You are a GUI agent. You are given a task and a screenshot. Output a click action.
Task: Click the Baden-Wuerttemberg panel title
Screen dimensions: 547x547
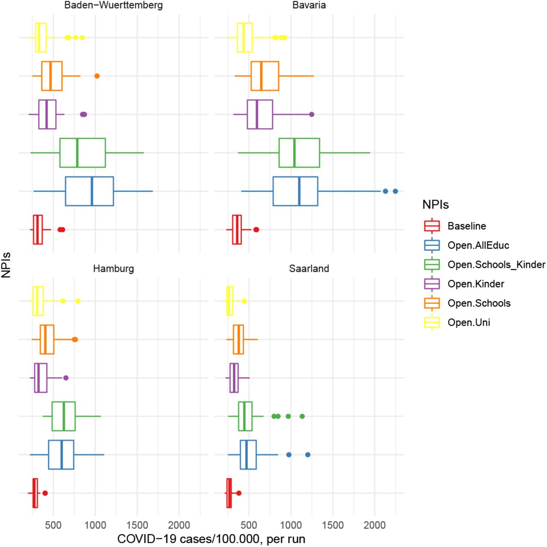click(x=114, y=5)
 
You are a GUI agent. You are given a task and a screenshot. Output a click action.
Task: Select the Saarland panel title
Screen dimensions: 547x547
click(x=309, y=268)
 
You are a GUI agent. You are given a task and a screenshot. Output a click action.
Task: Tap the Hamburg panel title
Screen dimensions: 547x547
click(x=114, y=268)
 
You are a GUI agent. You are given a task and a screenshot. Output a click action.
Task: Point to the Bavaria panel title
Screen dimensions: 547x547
click(x=309, y=5)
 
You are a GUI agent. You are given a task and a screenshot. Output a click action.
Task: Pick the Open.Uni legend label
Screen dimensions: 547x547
click(x=469, y=323)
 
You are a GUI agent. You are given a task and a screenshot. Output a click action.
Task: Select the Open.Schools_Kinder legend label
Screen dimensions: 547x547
click(x=496, y=265)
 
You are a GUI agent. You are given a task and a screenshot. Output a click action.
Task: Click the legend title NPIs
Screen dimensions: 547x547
click(x=435, y=205)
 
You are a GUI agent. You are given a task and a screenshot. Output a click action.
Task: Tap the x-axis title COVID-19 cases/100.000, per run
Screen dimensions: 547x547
click(x=211, y=539)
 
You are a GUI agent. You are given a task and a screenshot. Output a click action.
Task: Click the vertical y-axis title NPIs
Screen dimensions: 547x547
click(x=6, y=265)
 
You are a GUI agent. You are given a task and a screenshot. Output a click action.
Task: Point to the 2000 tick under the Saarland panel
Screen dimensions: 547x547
click(x=374, y=525)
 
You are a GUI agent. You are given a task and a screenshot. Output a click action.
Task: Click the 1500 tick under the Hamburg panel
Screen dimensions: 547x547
click(x=137, y=525)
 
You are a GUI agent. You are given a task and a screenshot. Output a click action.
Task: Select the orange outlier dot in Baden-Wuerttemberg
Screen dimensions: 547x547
click(x=97, y=76)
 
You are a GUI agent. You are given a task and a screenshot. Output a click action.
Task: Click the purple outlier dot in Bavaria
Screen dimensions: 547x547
click(x=312, y=115)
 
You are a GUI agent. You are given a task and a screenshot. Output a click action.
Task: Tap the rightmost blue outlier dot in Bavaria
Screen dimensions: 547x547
click(x=395, y=191)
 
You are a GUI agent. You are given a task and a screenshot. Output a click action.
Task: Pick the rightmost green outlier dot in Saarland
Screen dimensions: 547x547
click(x=302, y=416)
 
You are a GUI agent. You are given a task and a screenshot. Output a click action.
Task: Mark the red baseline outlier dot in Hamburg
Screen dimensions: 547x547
click(x=45, y=493)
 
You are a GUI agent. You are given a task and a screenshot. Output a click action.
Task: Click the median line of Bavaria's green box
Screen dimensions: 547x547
click(x=294, y=153)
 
